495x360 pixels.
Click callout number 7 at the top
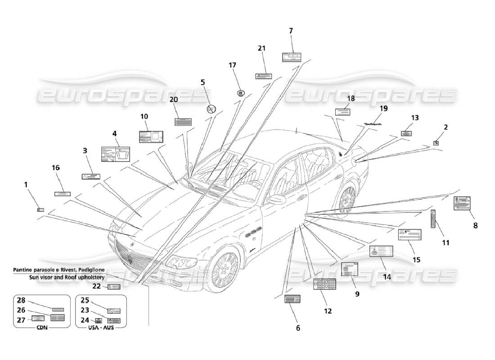click(291, 31)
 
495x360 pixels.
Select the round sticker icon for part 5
click(211, 109)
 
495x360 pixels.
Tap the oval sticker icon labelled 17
click(241, 93)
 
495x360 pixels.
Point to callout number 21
click(261, 48)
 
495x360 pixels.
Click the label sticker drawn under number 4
click(116, 154)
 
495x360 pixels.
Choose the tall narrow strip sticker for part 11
click(433, 219)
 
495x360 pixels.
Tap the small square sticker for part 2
click(436, 143)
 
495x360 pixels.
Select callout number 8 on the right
click(475, 225)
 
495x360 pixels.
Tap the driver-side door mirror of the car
click(275, 199)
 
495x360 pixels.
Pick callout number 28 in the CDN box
click(21, 300)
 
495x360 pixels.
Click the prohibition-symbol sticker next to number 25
click(113, 311)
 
